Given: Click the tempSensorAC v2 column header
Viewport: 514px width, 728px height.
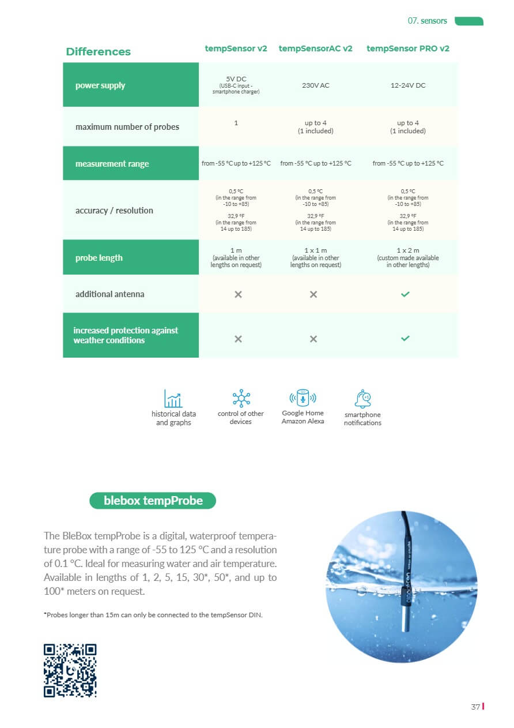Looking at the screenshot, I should (315, 48).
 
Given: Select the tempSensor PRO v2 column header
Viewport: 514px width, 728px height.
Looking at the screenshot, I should (407, 48).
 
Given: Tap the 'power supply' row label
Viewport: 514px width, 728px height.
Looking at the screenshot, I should (100, 85).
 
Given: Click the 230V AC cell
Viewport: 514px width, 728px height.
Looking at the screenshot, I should (315, 85).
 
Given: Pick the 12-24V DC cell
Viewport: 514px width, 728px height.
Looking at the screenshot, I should (407, 85).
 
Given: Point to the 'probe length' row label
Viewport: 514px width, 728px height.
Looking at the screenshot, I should (99, 258).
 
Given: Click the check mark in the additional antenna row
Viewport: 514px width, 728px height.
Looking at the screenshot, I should (405, 294).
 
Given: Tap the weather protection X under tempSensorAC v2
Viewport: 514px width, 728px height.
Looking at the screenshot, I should (313, 339).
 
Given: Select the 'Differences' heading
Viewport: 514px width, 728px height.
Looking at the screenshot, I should (98, 52).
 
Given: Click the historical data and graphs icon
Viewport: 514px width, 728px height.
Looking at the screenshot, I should (173, 398).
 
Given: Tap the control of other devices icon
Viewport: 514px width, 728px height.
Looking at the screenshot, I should (240, 397).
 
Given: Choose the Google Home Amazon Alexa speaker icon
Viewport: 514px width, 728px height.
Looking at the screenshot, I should (303, 397).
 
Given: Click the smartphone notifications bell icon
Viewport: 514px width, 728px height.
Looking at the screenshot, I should (363, 399).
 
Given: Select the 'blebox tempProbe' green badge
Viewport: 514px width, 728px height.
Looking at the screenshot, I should (153, 501).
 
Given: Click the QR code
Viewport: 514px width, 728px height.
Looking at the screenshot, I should (70, 670).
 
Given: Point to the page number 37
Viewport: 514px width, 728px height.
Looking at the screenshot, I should (475, 707).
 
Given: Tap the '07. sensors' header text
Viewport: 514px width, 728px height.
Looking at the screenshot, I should (427, 21).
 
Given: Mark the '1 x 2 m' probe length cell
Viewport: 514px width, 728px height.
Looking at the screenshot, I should (407, 250).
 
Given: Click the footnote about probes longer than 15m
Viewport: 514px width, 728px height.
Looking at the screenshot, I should (153, 615).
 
